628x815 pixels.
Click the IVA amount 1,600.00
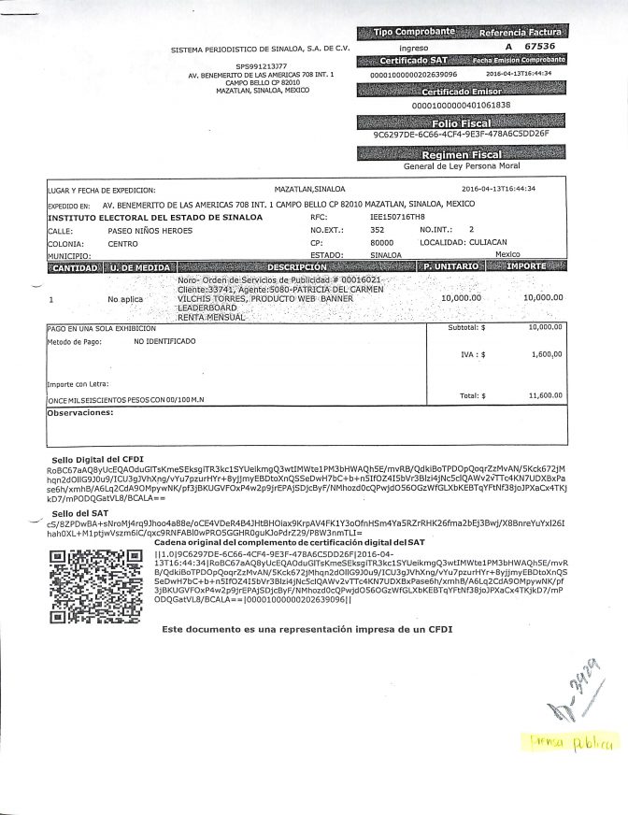coord(546,355)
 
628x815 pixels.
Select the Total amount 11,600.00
coord(544,395)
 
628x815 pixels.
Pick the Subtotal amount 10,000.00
coord(545,328)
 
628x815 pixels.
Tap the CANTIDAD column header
coord(75,267)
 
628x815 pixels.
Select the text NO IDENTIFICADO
coord(164,342)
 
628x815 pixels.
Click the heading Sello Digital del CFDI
coord(97,460)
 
